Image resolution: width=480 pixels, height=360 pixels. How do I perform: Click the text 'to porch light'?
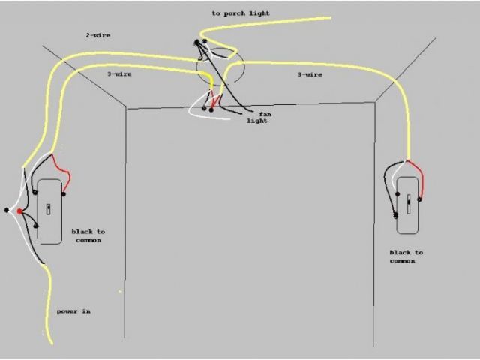click(241, 13)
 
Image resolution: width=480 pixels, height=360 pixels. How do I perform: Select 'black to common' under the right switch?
click(406, 256)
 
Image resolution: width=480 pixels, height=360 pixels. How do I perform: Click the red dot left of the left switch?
click(20, 211)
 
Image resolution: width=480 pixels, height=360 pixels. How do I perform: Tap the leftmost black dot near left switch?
click(7, 209)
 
